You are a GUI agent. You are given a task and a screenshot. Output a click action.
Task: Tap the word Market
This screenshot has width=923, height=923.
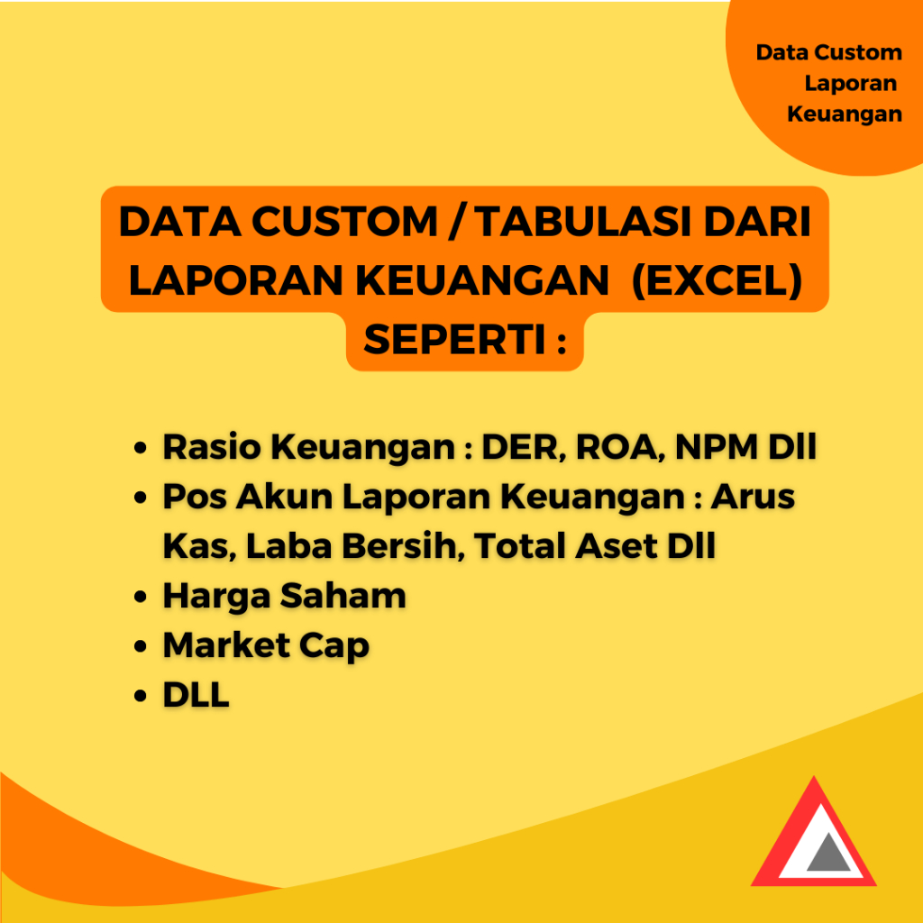[228, 645]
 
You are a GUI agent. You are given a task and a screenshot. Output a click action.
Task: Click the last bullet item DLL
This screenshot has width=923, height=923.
[196, 695]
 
